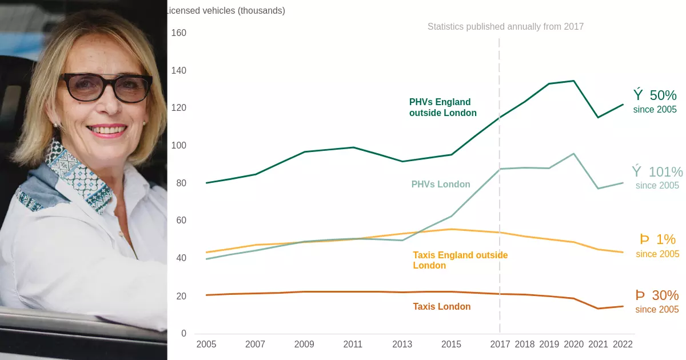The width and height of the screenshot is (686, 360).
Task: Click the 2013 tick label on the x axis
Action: [x=402, y=345]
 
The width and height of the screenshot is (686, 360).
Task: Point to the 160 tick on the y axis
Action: [x=179, y=33]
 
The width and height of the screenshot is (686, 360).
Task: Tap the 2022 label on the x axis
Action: [x=623, y=345]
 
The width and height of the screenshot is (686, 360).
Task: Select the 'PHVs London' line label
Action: [x=441, y=185]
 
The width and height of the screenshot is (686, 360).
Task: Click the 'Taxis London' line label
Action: [x=442, y=307]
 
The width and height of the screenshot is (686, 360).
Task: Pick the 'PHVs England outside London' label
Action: [x=443, y=107]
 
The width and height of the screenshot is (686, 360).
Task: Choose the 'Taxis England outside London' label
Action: [x=460, y=260]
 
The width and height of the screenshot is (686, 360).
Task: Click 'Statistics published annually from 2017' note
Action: [x=505, y=26]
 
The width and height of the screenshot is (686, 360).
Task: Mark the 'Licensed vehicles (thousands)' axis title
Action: [x=225, y=10]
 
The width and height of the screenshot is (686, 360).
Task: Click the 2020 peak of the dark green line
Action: [x=574, y=81]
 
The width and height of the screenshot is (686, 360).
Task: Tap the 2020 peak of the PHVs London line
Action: [x=574, y=154]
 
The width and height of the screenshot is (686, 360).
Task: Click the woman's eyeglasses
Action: [x=106, y=87]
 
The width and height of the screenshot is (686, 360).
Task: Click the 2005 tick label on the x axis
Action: [x=206, y=345]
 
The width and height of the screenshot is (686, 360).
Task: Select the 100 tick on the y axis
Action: [x=179, y=146]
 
